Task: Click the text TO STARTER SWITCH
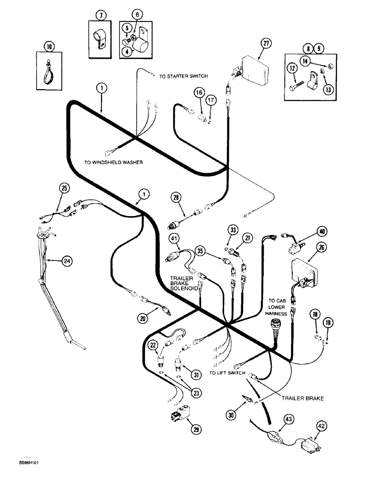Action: [x=184, y=76]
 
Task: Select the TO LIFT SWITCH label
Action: [x=227, y=373]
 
